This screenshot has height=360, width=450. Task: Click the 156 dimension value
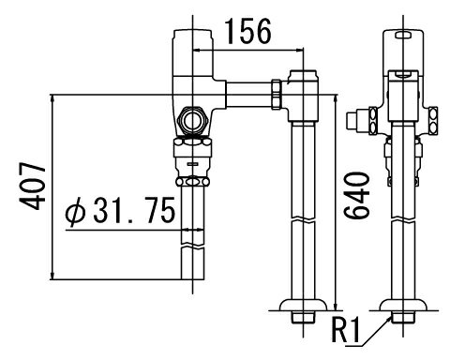248,31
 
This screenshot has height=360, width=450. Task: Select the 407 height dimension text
33,186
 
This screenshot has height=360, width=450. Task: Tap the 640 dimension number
357,195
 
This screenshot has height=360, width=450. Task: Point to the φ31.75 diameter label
120,210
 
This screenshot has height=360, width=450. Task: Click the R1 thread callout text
345,330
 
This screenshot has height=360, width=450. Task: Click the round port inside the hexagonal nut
193,121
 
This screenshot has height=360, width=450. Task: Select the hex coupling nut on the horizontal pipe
277,95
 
